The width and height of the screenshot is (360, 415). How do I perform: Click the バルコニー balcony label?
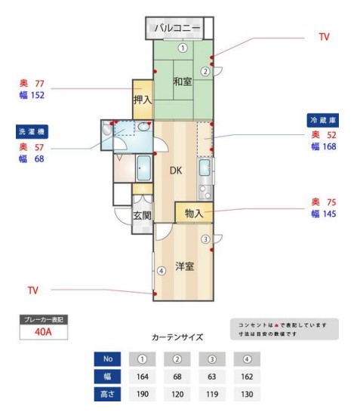178,28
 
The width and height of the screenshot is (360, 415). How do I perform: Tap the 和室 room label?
183,81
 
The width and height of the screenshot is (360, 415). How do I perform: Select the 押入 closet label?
143,99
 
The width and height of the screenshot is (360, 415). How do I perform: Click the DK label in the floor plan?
175,171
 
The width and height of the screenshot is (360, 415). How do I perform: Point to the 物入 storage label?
193,214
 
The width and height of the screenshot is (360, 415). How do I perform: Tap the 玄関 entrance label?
142,215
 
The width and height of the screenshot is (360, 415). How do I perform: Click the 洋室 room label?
186,266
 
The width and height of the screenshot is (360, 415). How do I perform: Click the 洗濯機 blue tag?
32,131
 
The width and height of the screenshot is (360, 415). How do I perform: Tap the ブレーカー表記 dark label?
43,319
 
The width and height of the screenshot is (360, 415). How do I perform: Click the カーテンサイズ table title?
176,337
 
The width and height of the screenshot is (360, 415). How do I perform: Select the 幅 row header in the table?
107,376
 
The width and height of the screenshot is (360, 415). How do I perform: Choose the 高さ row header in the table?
107,393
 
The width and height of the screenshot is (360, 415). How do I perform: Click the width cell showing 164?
143,376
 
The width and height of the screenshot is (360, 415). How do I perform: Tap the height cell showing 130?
246,393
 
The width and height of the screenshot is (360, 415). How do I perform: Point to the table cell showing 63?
211,376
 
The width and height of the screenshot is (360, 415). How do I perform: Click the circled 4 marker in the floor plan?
161,271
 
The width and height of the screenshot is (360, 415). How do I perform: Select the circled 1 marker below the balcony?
183,47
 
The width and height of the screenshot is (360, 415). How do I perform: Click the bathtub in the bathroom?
144,168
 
